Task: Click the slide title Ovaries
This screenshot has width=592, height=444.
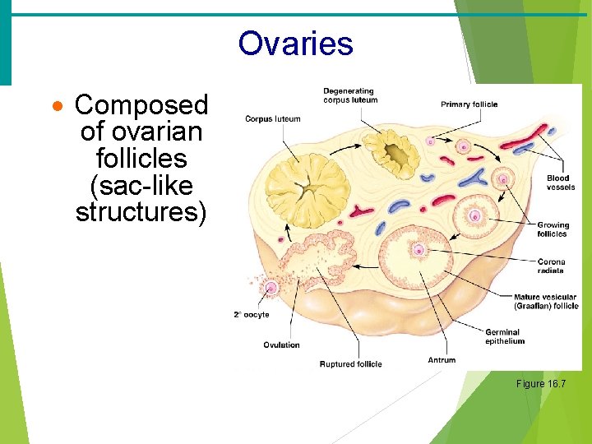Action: pos(295,44)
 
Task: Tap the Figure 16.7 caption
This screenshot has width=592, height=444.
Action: pos(540,384)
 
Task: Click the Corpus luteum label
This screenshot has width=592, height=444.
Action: pos(273,119)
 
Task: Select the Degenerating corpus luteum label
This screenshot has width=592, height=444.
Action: pos(350,95)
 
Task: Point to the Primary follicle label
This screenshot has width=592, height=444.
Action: pos(469,104)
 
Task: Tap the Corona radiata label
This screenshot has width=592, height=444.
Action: pos(551,266)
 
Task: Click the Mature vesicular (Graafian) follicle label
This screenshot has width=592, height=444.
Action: pos(546,302)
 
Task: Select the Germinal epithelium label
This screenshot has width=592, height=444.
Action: pos(502,336)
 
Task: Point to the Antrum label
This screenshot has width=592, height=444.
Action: pos(442,360)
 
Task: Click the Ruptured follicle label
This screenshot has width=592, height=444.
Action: pos(350,364)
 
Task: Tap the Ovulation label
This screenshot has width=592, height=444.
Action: pos(281,345)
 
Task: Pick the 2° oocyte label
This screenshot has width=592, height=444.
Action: pos(252,314)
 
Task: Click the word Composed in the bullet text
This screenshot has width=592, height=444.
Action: pos(141,105)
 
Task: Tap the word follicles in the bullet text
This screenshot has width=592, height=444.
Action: pos(141,158)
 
